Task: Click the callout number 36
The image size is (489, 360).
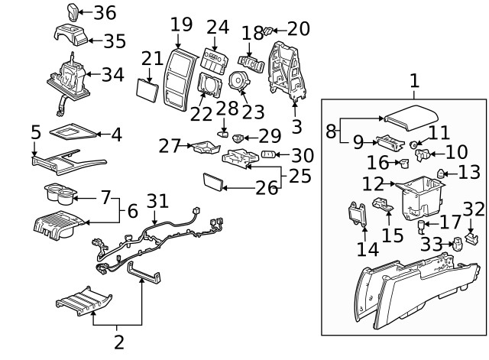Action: (105, 12)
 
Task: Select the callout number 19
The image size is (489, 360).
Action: (181, 24)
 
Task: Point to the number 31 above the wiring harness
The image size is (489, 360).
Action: (157, 200)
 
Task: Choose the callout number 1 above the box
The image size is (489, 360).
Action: (413, 80)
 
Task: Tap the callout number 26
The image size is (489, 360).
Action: (267, 187)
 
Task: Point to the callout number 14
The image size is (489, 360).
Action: (368, 249)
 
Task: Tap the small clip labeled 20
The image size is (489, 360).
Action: (268, 31)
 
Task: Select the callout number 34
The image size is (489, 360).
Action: (112, 75)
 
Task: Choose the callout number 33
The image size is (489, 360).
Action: (431, 245)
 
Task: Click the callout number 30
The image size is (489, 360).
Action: (303, 154)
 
